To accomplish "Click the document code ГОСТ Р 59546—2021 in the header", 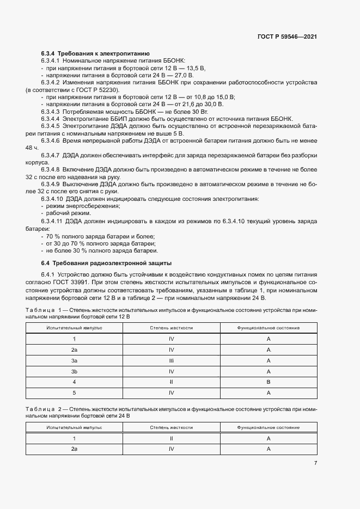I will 288,37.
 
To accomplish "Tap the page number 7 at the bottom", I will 315,463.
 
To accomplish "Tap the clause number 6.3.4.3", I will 52,111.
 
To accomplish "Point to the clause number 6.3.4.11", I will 53,221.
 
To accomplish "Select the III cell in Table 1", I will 171,360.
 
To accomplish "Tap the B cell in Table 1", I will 269,381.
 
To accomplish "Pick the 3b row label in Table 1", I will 74,371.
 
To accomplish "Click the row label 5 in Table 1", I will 74,392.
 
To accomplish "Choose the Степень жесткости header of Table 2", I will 171,428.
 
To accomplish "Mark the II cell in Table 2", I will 171,438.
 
